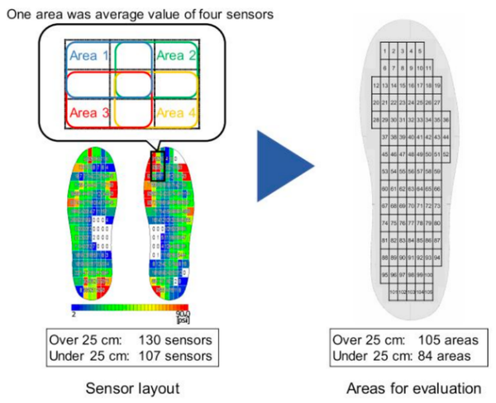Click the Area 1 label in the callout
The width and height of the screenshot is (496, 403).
(88, 55)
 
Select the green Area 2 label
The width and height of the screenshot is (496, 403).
(176, 55)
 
